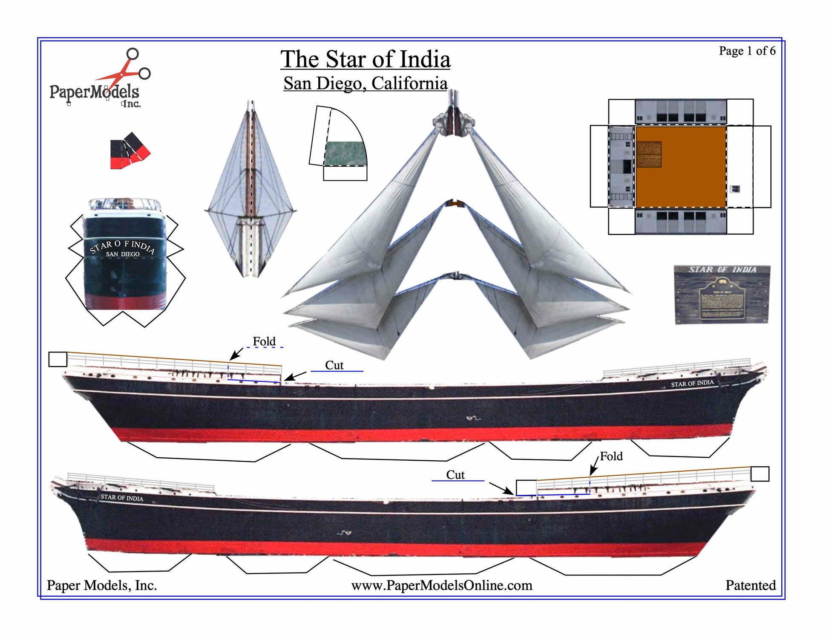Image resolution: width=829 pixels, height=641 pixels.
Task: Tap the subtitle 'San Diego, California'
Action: [365, 83]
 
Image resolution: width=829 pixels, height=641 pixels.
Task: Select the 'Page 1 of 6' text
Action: [747, 51]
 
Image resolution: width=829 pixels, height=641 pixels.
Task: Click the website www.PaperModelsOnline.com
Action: [441, 585]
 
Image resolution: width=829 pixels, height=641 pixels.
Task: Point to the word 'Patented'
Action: [750, 585]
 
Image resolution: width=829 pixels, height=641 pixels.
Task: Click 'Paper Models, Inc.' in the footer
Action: [102, 585]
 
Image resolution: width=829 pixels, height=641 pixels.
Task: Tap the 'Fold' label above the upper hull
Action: [264, 341]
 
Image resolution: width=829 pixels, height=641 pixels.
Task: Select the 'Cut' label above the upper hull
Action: [334, 365]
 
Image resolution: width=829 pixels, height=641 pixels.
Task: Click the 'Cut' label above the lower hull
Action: [455, 475]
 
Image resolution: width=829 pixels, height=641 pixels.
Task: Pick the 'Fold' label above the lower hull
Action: [611, 456]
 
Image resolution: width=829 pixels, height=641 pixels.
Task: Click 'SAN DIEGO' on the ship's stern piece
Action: [123, 254]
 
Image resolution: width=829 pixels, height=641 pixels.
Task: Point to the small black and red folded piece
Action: [130, 151]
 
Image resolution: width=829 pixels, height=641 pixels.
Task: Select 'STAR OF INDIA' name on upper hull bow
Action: [692, 383]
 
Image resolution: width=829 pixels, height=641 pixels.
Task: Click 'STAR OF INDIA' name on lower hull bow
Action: [122, 497]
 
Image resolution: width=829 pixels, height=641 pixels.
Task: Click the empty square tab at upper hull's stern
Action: [58, 359]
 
